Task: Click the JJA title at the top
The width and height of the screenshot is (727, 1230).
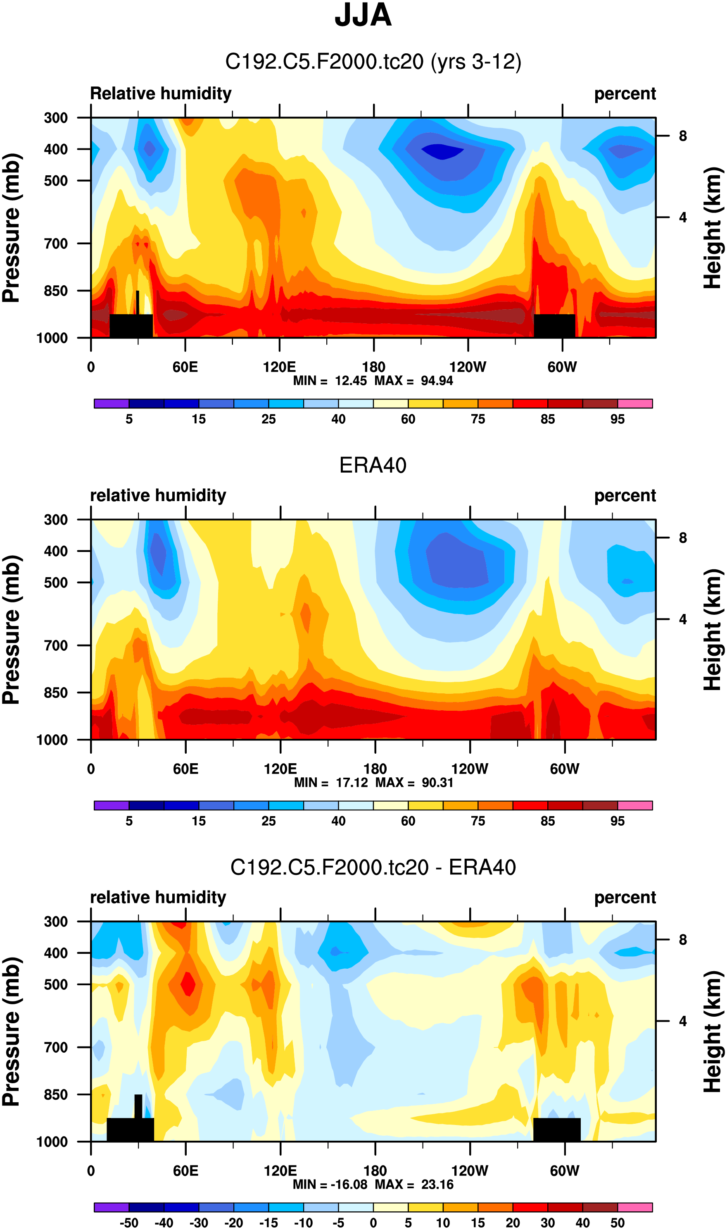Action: [x=363, y=16]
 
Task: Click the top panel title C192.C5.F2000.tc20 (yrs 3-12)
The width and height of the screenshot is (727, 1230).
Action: [x=373, y=62]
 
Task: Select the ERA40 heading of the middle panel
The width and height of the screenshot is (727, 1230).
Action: [x=373, y=465]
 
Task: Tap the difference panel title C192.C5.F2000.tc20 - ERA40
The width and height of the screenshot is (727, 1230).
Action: [x=373, y=867]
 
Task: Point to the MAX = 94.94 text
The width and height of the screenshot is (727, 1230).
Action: [x=414, y=381]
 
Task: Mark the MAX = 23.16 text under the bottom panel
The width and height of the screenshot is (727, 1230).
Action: [x=414, y=1185]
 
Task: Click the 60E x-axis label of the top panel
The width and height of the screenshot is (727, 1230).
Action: [x=185, y=367]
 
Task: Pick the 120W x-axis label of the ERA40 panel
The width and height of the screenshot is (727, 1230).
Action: [x=469, y=769]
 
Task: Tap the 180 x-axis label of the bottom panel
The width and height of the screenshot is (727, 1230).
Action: [x=375, y=1171]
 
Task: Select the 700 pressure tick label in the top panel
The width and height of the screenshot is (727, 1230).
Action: [x=56, y=244]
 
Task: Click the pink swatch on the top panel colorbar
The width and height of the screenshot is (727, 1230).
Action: [x=635, y=404]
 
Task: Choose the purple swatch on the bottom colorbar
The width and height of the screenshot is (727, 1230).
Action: [x=111, y=1207]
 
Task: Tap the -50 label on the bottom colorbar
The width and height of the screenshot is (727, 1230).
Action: [x=129, y=1223]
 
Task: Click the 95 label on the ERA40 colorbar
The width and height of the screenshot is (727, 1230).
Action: [x=617, y=822]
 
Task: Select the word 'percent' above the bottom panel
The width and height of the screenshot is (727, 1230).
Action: [x=625, y=898]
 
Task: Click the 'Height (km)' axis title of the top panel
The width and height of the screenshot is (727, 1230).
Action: [x=713, y=228]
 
